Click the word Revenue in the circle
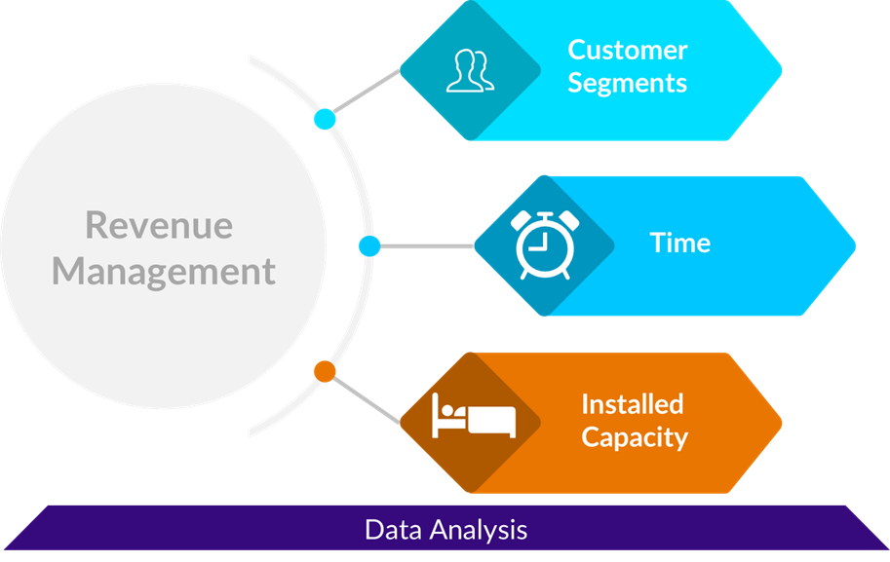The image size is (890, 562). point(159,226)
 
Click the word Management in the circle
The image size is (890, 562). point(164,271)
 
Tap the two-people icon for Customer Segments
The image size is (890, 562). point(469,70)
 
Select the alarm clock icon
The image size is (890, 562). point(542,244)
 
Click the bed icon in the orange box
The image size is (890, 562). point(473,417)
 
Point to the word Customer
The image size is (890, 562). point(627,50)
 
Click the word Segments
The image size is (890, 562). point(627,83)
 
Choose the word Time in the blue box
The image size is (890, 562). point(679,243)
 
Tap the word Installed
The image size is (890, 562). point(632,403)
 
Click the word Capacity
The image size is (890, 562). point(634,436)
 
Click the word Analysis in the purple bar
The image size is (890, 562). point(479,530)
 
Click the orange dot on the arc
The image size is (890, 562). point(325,371)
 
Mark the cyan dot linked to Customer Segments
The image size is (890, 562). point(325,120)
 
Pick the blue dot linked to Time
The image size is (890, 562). point(368,245)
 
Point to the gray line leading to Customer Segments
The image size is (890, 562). point(367,94)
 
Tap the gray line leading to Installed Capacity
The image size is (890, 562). point(367,398)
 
